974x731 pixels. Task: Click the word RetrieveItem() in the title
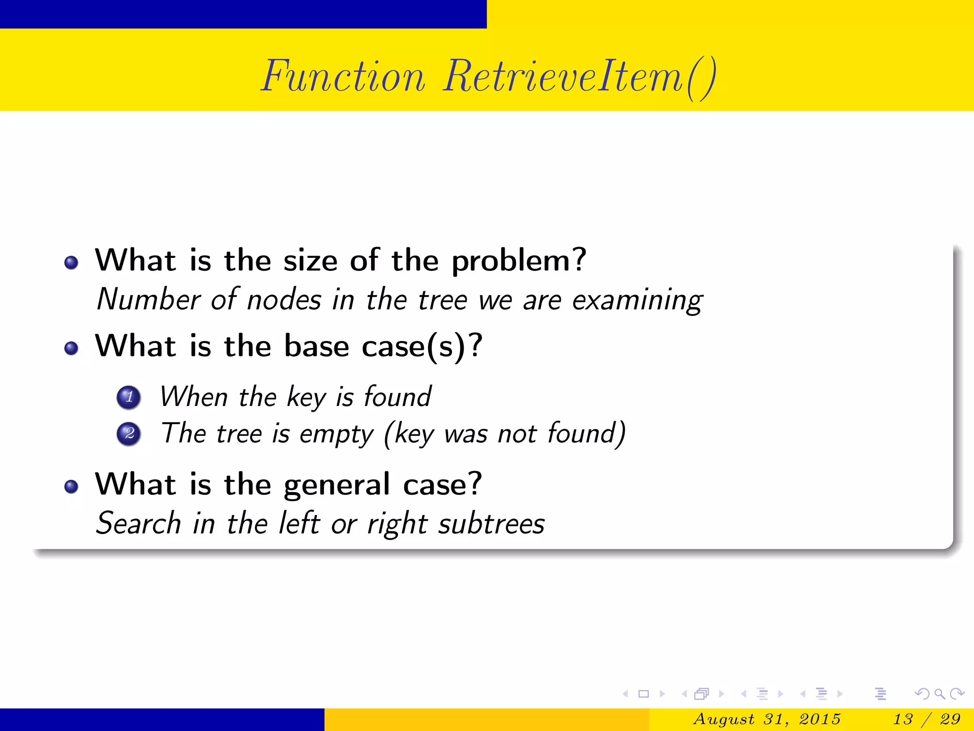(x=579, y=77)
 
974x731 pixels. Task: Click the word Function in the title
(x=343, y=77)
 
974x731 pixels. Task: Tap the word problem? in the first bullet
(x=518, y=261)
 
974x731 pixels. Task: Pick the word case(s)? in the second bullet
(x=422, y=346)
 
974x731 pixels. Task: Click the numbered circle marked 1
(x=129, y=397)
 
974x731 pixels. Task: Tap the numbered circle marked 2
(x=129, y=434)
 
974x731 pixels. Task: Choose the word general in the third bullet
(x=337, y=485)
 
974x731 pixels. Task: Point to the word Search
(x=138, y=524)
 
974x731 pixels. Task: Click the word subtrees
(x=491, y=524)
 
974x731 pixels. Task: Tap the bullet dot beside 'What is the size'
(x=71, y=263)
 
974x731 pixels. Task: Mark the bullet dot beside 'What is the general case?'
(x=71, y=486)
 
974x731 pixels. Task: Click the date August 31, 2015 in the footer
(x=767, y=719)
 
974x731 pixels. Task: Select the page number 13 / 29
(x=926, y=719)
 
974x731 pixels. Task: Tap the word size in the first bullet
(x=310, y=261)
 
